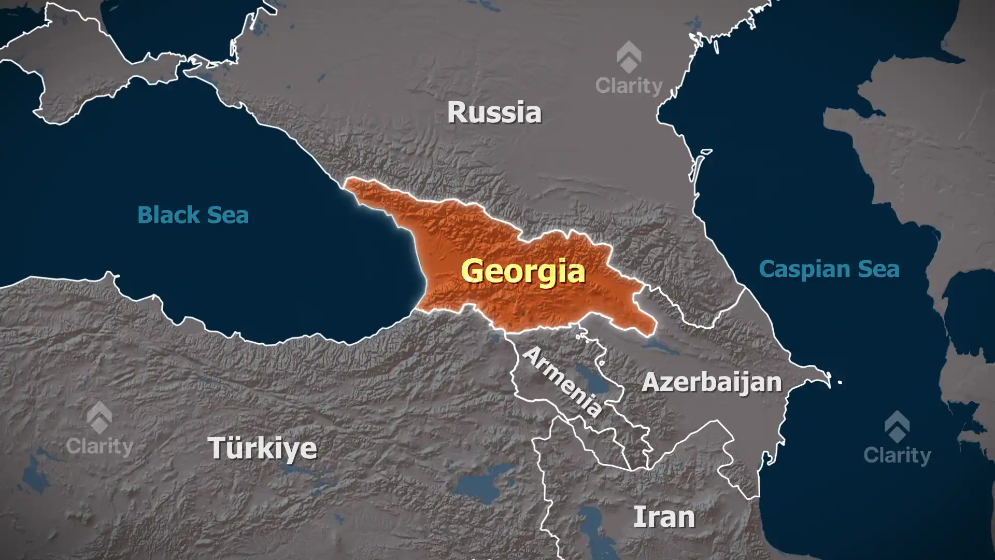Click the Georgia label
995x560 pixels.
pos(523,271)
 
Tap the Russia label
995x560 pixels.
pos(494,113)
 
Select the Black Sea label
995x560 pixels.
pos(193,215)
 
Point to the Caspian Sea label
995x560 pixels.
pos(829,269)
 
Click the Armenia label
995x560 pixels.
pos(562,382)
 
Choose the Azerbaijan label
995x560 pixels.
pos(711,383)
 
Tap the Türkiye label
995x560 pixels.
pos(262,448)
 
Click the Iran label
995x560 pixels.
pos(664,517)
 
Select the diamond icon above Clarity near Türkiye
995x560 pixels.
pos(99,417)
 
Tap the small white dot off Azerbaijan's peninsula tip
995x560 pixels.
pos(840,383)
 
